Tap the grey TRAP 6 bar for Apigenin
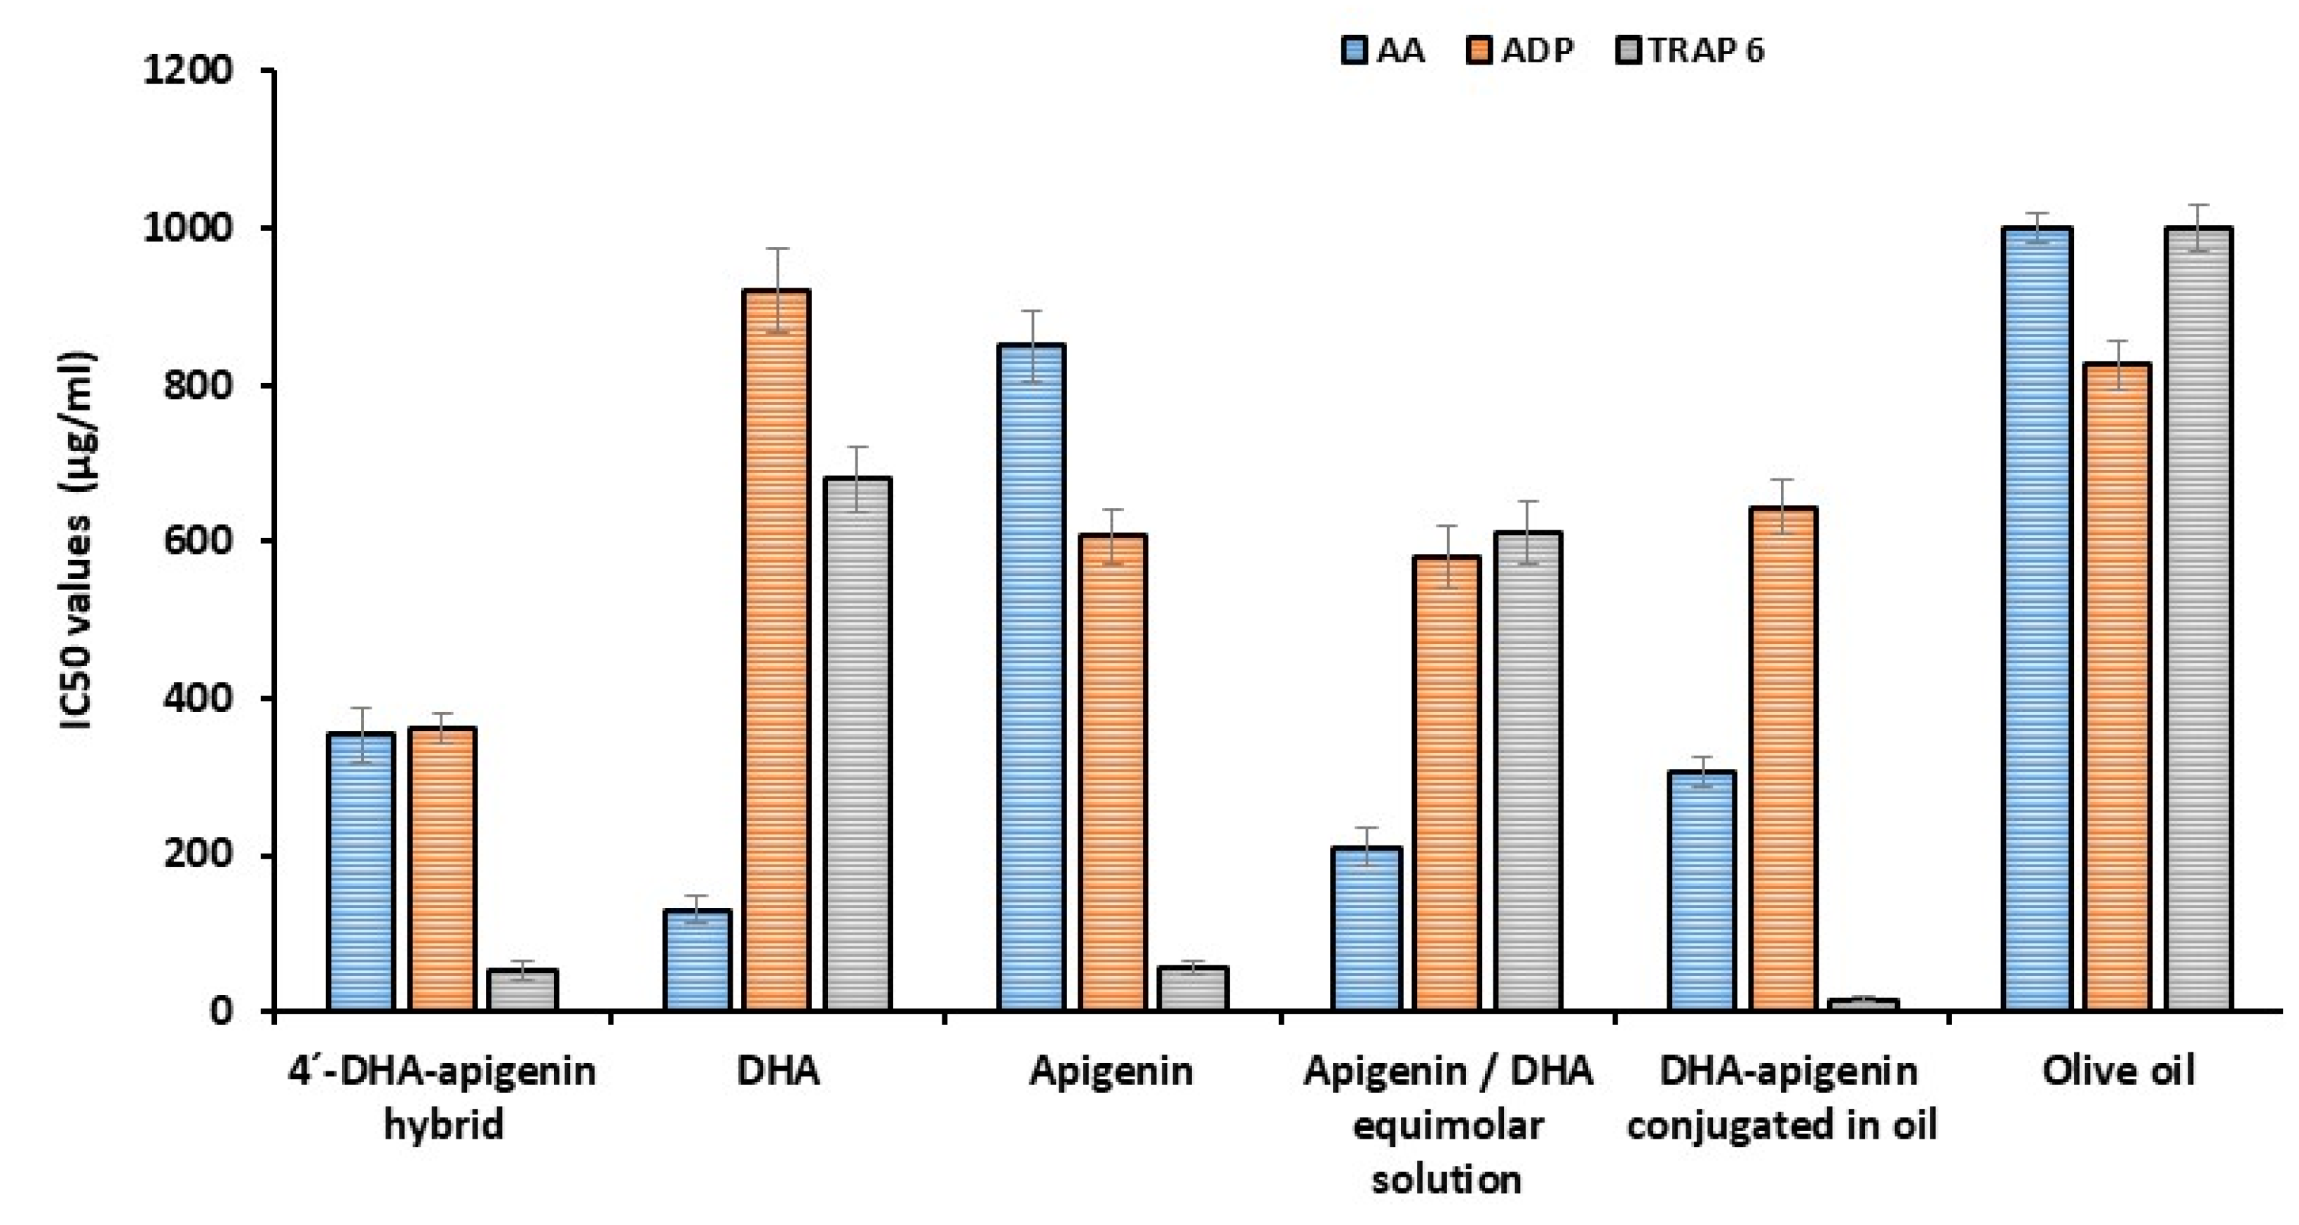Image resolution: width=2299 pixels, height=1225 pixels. click(x=1193, y=989)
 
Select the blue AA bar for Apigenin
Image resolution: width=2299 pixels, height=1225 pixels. click(x=1031, y=678)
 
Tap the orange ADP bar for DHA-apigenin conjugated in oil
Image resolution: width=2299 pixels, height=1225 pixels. click(x=1782, y=759)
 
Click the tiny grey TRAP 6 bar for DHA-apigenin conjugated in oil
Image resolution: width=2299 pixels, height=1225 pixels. click(x=1864, y=1005)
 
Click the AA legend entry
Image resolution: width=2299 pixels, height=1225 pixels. click(x=1384, y=51)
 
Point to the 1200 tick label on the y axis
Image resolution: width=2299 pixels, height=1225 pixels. click(x=187, y=72)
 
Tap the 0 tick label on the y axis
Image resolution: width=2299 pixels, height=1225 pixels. click(x=222, y=1012)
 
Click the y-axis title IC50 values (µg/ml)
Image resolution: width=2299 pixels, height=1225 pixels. click(x=79, y=540)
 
